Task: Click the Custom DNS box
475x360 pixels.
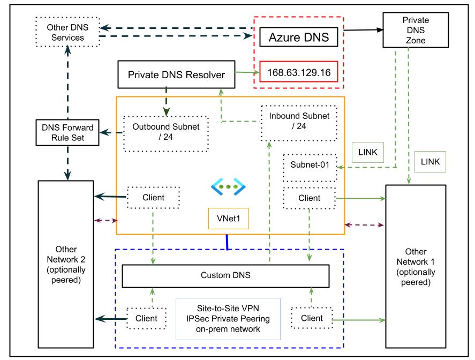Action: click(x=225, y=275)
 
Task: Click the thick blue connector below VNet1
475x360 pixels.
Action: click(x=228, y=242)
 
